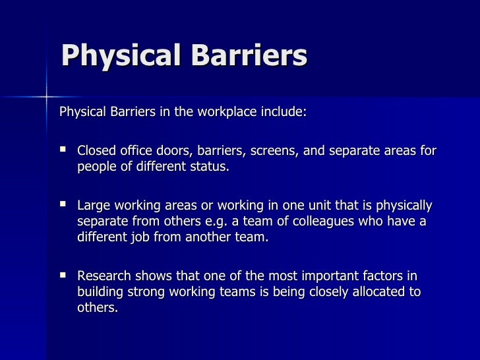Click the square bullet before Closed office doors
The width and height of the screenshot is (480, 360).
[64, 151]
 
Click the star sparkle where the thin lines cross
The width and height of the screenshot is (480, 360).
[47, 97]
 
